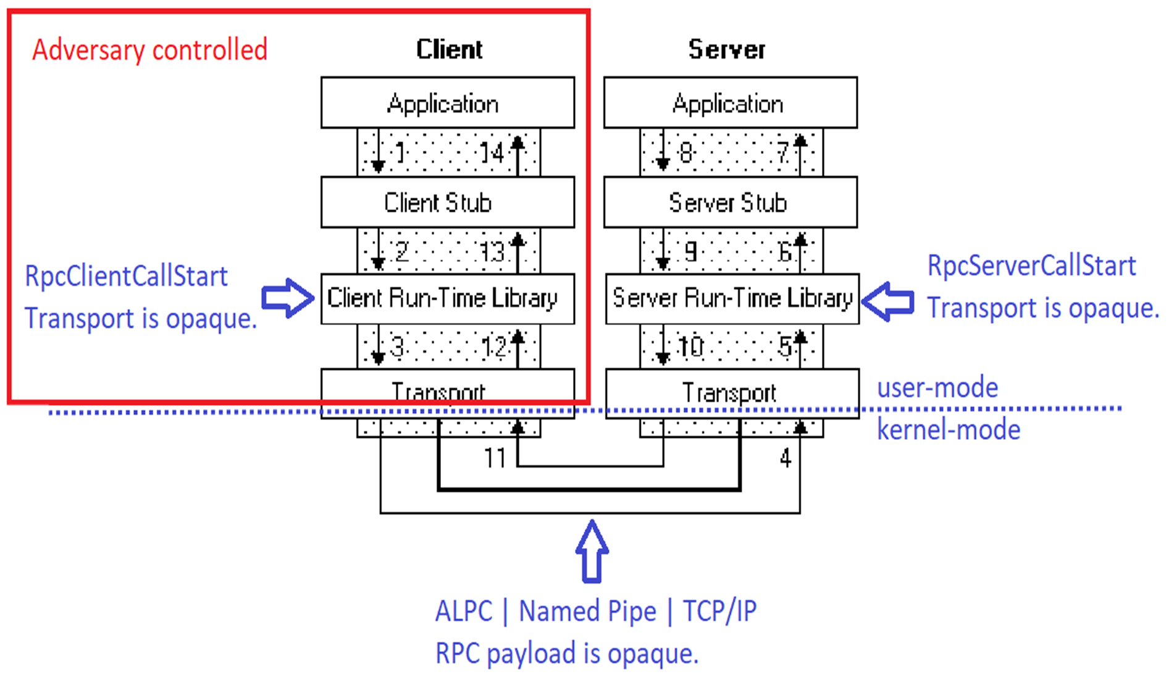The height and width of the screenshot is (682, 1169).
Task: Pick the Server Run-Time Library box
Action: (732, 298)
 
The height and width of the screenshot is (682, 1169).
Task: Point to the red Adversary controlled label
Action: (149, 50)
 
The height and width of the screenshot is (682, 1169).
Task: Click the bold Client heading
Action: (449, 49)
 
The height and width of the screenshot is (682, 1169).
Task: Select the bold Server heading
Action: (727, 49)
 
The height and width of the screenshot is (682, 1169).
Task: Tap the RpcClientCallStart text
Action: (126, 276)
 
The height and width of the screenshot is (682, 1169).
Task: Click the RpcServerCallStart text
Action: (1031, 266)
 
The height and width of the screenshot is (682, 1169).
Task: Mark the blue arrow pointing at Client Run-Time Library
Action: (287, 298)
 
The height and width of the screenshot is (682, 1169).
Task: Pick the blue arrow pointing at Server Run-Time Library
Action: (887, 301)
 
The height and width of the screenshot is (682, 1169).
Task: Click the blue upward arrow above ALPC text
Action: (592, 552)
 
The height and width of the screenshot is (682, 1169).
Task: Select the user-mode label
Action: (937, 388)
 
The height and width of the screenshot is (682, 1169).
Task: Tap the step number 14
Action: (492, 153)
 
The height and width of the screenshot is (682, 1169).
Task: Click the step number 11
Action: (494, 458)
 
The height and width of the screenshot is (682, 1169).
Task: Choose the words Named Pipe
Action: (587, 612)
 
